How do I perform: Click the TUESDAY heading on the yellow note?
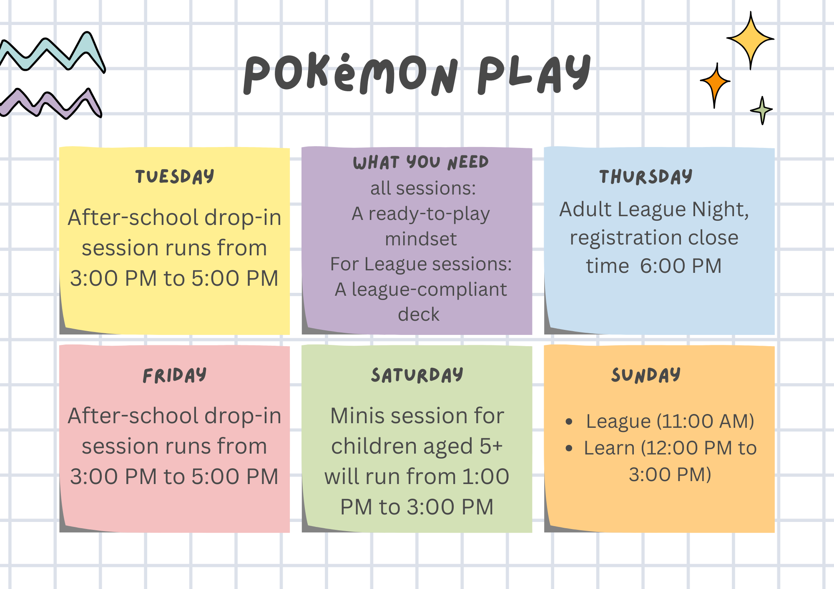pyautogui.click(x=175, y=177)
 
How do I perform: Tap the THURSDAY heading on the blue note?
pyautogui.click(x=646, y=177)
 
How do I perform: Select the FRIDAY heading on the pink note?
pyautogui.click(x=175, y=375)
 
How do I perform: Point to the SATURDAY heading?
pyautogui.click(x=417, y=375)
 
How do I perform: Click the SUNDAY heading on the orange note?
pyautogui.click(x=646, y=375)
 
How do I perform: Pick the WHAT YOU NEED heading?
pyautogui.click(x=420, y=162)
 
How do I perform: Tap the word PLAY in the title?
pyautogui.click(x=534, y=74)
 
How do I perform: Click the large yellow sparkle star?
pyautogui.click(x=750, y=40)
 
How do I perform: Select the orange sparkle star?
pyautogui.click(x=716, y=82)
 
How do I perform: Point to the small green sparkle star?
pyautogui.click(x=762, y=110)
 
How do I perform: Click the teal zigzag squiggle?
pyautogui.click(x=52, y=53)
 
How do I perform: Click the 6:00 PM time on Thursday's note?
pyautogui.click(x=681, y=266)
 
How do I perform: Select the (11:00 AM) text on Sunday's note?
pyautogui.click(x=705, y=421)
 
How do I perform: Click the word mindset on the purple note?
pyautogui.click(x=420, y=239)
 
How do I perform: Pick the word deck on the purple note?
pyautogui.click(x=419, y=314)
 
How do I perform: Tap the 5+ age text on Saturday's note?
pyautogui.click(x=491, y=446)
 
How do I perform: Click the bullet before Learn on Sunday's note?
pyautogui.click(x=569, y=449)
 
